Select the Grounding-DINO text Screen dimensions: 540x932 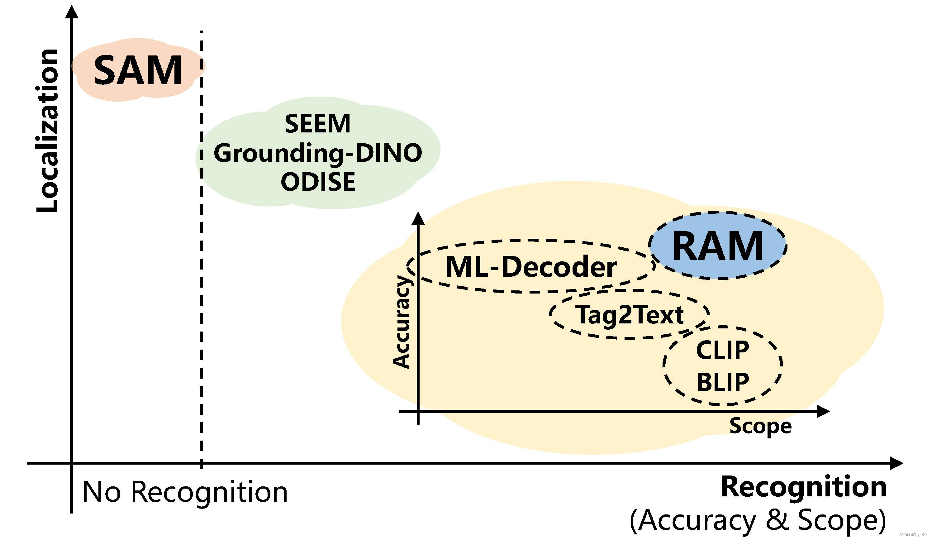click(317, 153)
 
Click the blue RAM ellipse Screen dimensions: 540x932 click(717, 246)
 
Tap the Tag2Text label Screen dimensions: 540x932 click(629, 315)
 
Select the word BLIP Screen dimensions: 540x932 click(723, 382)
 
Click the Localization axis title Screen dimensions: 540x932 click(47, 130)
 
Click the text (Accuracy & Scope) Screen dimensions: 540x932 click(758, 520)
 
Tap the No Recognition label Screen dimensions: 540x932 click(184, 492)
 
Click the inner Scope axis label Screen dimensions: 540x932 click(760, 426)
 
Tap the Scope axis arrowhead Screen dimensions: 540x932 click(823, 411)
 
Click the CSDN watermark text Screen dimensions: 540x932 click(914, 535)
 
